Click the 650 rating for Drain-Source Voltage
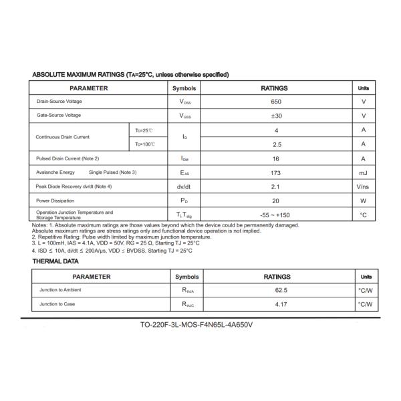click(x=276, y=102)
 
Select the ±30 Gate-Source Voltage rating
click(x=276, y=116)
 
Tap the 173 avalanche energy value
click(x=276, y=172)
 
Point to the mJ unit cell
click(x=363, y=172)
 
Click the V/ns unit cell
click(x=363, y=186)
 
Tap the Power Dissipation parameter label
click(x=55, y=200)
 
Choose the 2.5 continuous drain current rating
click(x=276, y=144)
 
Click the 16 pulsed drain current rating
click(x=276, y=158)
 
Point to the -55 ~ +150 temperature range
click(x=276, y=215)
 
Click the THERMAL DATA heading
click(x=55, y=261)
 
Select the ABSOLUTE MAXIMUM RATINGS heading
click(x=130, y=74)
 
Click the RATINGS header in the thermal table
click(x=277, y=277)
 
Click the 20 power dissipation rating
click(x=276, y=200)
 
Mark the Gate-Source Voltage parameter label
click(x=59, y=116)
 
